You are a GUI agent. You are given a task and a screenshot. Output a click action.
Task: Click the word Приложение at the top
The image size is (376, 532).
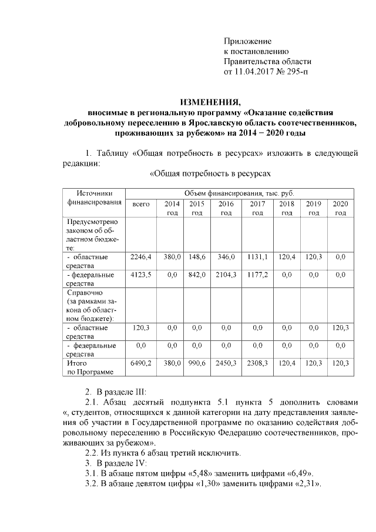(x=247, y=41)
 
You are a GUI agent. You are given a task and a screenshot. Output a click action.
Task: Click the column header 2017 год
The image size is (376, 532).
(x=257, y=208)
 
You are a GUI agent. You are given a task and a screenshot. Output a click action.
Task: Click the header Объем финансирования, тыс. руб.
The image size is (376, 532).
(x=239, y=193)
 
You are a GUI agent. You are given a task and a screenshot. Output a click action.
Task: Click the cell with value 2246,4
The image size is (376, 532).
(x=141, y=257)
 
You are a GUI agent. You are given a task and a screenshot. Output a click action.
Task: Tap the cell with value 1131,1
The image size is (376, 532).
(x=257, y=257)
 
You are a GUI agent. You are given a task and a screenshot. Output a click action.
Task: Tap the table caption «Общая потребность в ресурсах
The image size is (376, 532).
(x=211, y=175)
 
